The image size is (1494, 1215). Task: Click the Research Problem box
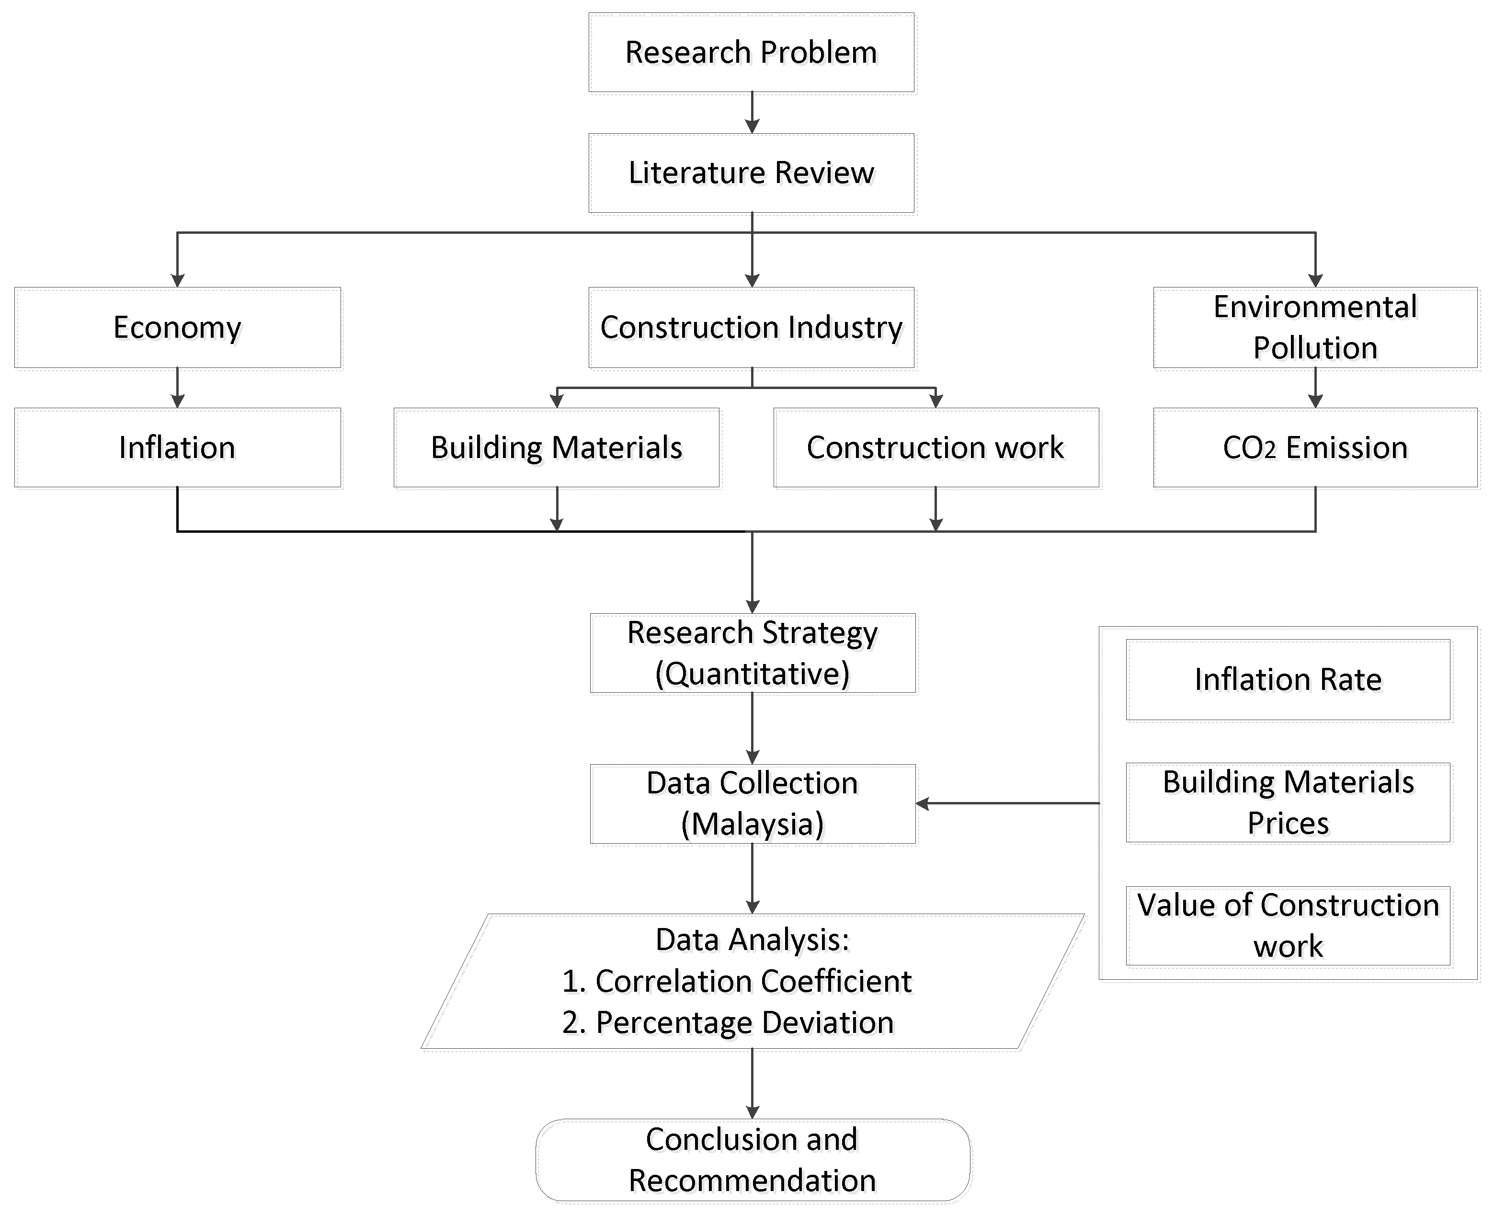[x=751, y=53]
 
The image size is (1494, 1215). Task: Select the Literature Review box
[x=751, y=173]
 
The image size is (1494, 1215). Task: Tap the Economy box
[x=177, y=328]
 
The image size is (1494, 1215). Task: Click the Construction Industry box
[x=751, y=328]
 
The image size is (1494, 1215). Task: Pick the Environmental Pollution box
[x=1315, y=328]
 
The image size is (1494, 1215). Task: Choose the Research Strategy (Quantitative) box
[x=752, y=653]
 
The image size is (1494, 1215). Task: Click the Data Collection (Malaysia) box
[x=752, y=803]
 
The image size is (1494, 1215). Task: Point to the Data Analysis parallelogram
[x=752, y=981]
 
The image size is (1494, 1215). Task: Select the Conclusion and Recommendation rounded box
[x=752, y=1160]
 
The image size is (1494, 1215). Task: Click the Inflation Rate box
[x=1288, y=679]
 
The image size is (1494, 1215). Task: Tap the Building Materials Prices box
[x=1288, y=803]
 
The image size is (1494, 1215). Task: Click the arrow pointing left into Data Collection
[x=1008, y=803]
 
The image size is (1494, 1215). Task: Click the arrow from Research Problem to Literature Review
[x=752, y=113]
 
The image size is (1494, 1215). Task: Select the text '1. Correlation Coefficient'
[x=736, y=981]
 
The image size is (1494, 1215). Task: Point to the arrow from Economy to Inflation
[x=177, y=388]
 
